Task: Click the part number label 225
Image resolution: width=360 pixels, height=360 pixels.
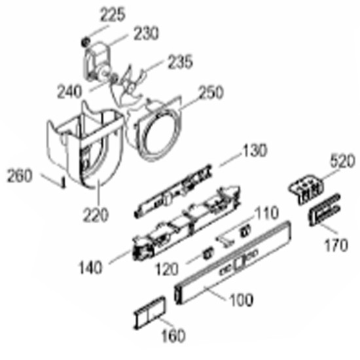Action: [x=113, y=15]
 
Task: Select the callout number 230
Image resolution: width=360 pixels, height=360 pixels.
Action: [x=146, y=33]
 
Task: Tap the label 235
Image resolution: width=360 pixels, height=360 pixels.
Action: [x=180, y=62]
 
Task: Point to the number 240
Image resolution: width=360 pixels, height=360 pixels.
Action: [x=69, y=92]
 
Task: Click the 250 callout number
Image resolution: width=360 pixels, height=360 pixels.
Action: [x=211, y=92]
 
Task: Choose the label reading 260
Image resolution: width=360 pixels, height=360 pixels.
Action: [x=19, y=175]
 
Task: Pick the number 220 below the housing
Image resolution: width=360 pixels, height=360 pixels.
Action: [x=95, y=215]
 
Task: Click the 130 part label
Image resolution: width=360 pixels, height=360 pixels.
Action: [x=255, y=151]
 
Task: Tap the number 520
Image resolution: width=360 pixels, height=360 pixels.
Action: [x=343, y=161]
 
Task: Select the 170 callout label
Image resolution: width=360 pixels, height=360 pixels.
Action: [x=336, y=245]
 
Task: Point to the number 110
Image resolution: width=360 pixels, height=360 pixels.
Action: [x=266, y=213]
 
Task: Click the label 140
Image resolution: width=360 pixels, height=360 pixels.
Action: [x=90, y=268]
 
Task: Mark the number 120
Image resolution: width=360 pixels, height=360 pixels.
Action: [x=167, y=269]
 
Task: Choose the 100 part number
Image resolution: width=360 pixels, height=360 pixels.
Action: [x=242, y=300]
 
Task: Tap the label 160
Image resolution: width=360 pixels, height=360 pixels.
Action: [x=173, y=335]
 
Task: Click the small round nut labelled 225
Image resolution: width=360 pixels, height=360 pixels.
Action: [x=86, y=42]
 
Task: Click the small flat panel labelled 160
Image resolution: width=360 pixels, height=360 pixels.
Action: [x=149, y=313]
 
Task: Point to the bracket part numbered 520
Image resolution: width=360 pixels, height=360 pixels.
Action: [x=306, y=189]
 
